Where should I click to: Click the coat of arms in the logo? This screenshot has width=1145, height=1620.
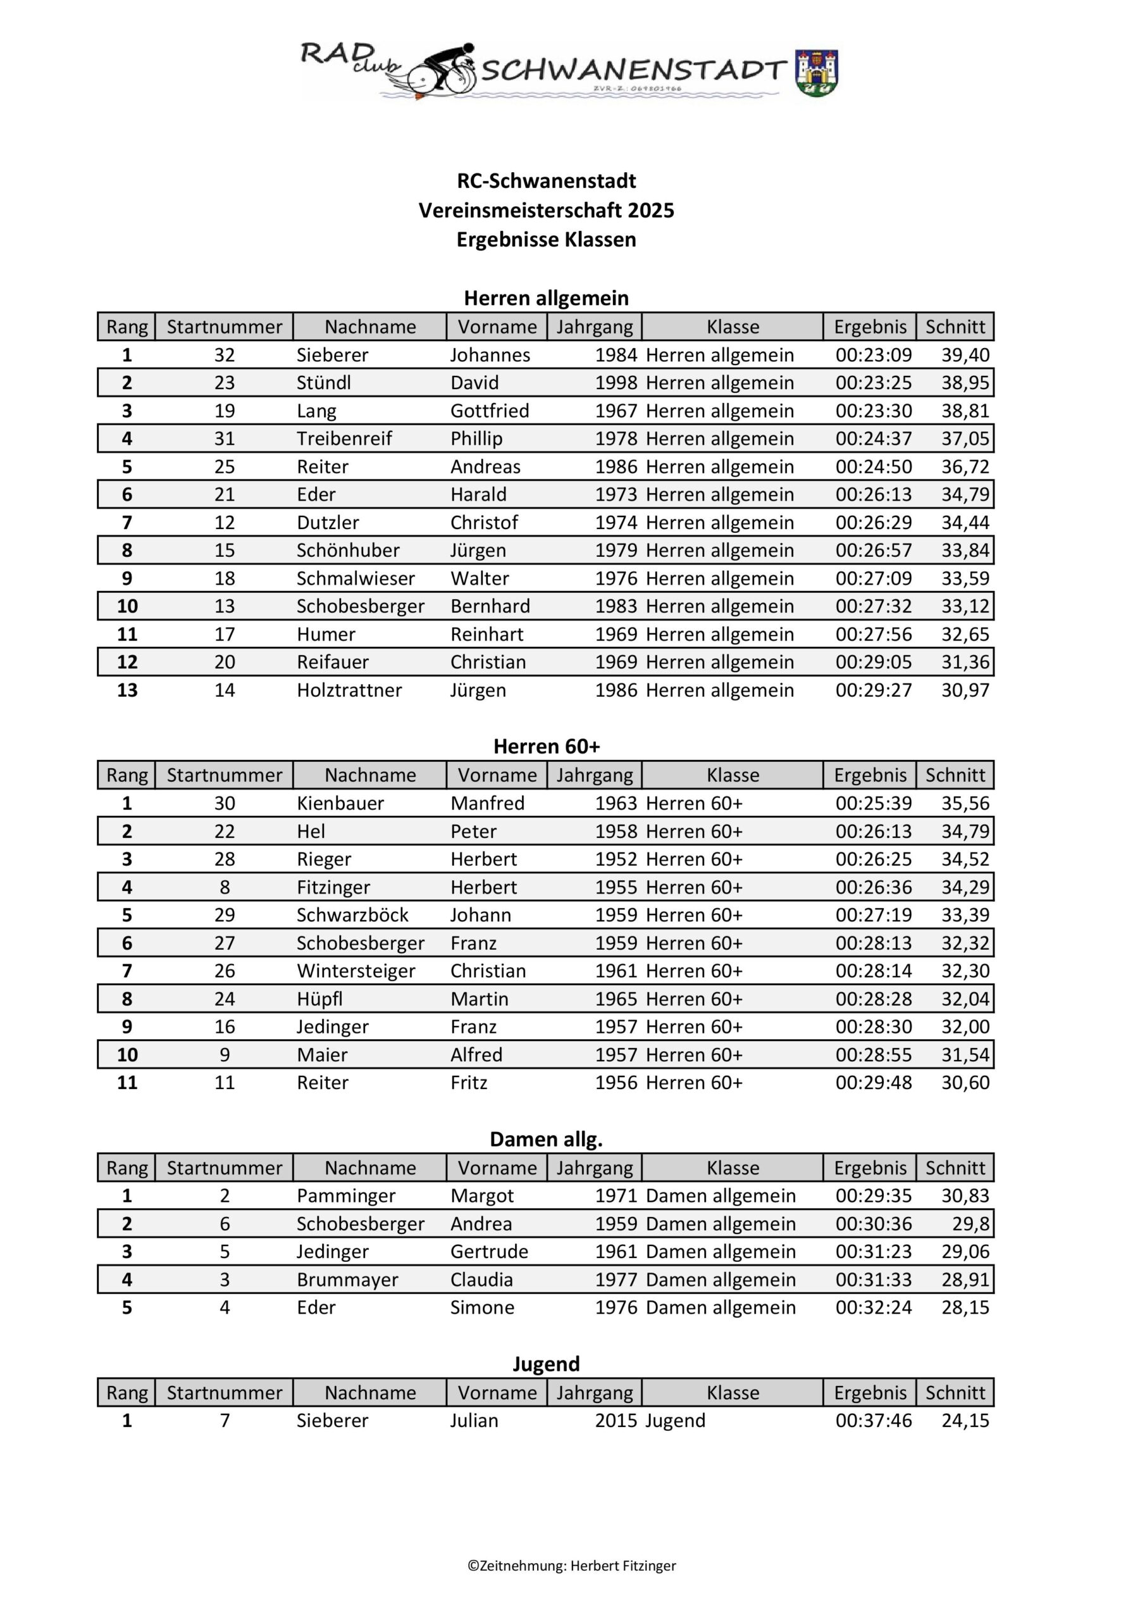click(x=816, y=73)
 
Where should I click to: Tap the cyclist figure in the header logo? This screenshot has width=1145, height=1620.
click(x=445, y=69)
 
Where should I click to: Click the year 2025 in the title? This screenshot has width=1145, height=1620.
click(x=650, y=210)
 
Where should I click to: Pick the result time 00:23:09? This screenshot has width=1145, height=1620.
click(x=874, y=355)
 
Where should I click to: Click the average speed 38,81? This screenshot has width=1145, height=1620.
click(x=965, y=411)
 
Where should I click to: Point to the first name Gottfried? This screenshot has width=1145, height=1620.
click(x=490, y=411)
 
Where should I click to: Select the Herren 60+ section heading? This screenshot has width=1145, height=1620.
click(x=546, y=746)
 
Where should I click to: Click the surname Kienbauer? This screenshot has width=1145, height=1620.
click(x=340, y=803)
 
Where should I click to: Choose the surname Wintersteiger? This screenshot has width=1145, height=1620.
click(x=356, y=971)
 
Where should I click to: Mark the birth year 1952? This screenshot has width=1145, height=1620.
click(x=616, y=859)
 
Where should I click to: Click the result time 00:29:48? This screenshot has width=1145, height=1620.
click(x=874, y=1082)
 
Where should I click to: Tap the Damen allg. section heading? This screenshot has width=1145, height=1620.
click(x=546, y=1139)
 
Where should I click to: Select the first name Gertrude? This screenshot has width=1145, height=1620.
click(x=489, y=1252)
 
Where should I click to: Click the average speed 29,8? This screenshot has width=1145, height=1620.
click(x=971, y=1223)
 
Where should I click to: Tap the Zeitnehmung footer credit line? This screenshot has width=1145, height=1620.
click(x=571, y=1566)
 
